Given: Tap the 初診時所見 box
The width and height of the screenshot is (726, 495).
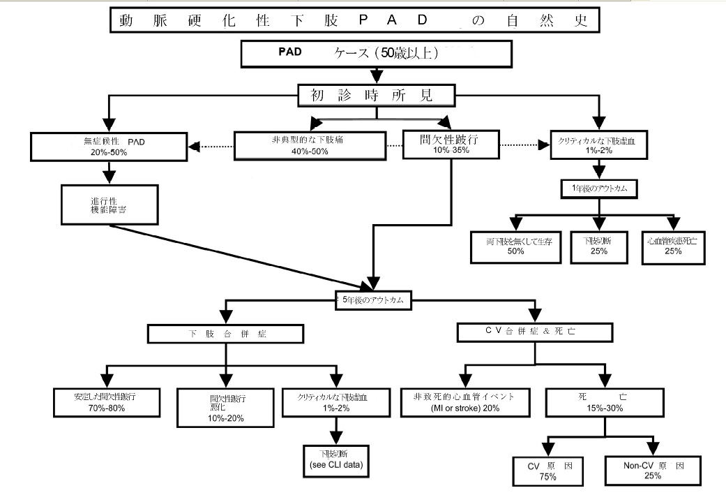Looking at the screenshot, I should pyautogui.click(x=377, y=95).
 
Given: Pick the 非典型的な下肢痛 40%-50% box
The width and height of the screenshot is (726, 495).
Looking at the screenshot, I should pyautogui.click(x=310, y=145).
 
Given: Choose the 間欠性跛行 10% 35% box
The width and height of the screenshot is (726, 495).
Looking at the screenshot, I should pyautogui.click(x=451, y=145).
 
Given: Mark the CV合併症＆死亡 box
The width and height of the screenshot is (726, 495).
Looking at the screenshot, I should pyautogui.click(x=535, y=330).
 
